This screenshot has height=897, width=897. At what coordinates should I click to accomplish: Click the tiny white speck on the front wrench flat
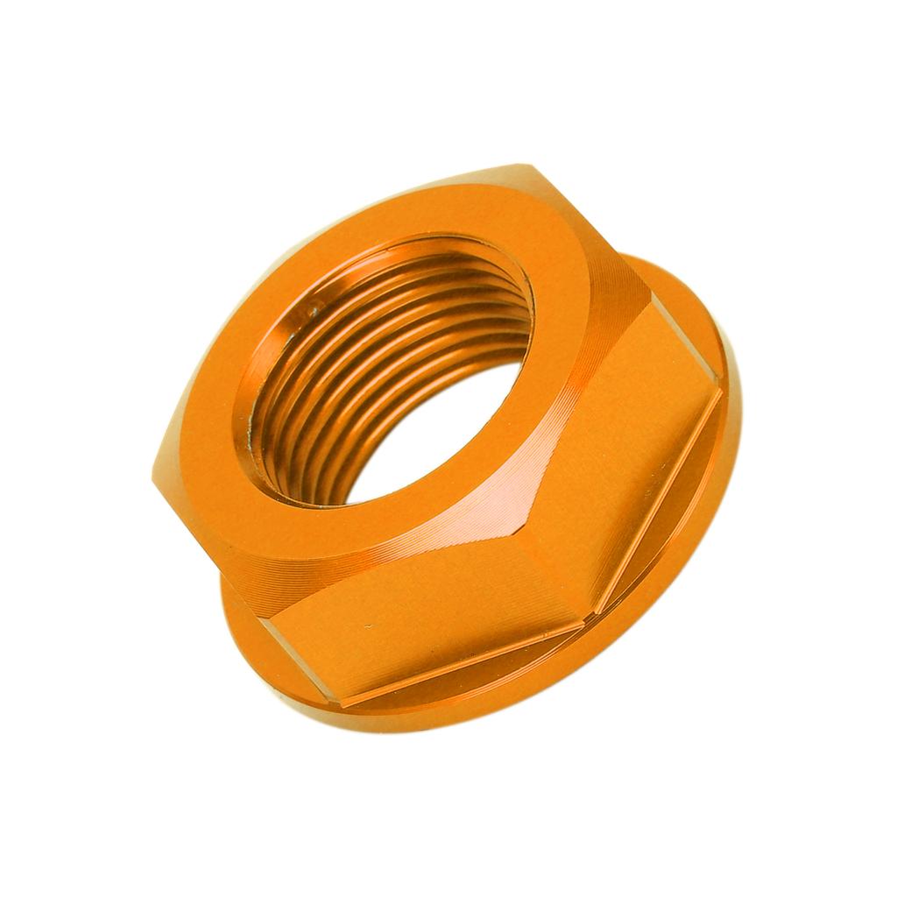coord(369,627)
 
